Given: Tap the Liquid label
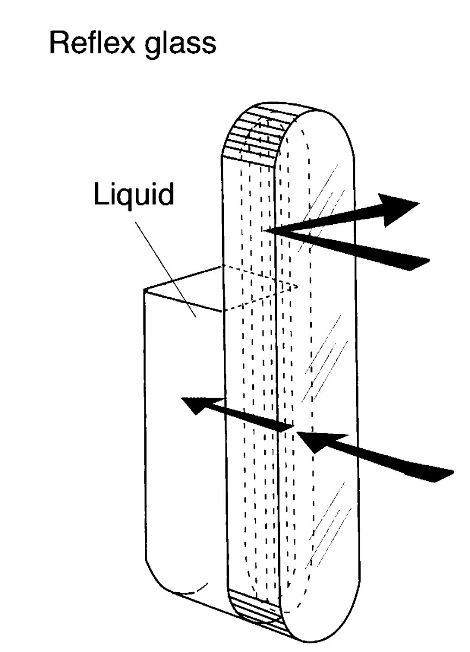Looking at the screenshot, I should click(134, 195).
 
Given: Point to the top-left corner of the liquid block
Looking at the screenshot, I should click(145, 290).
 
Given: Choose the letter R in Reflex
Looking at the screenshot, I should click(59, 42).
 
